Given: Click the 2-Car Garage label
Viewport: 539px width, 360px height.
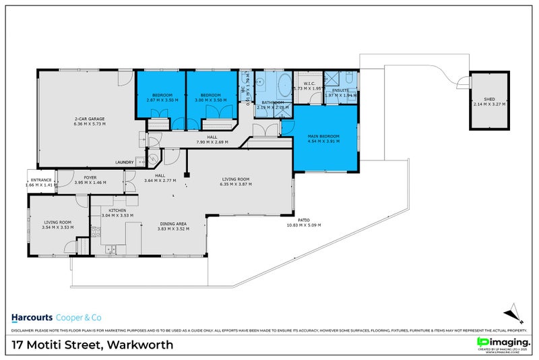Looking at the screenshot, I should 89,119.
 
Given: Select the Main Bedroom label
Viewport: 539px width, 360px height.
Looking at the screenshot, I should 323,136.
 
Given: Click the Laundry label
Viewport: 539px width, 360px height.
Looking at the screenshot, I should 125,162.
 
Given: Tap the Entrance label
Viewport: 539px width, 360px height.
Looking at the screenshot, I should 40,179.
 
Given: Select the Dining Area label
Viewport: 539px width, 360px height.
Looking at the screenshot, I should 173,224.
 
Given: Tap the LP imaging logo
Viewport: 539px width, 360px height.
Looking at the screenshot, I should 502,342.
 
